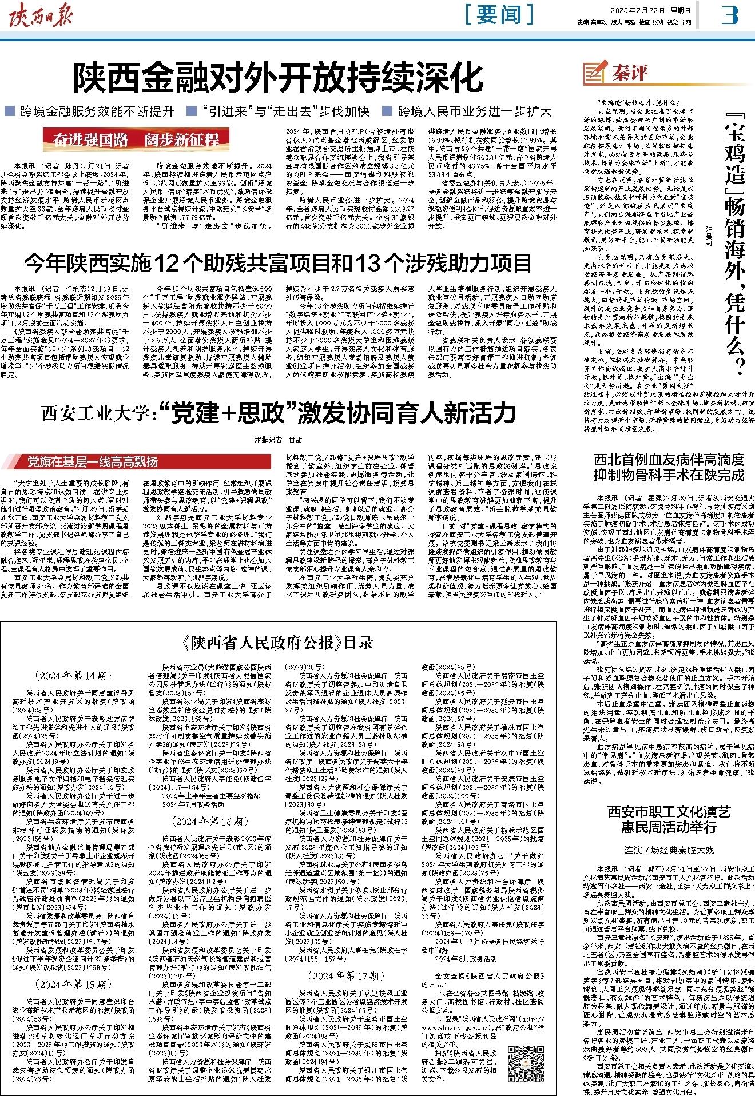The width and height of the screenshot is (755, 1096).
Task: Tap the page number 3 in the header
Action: pos(729,15)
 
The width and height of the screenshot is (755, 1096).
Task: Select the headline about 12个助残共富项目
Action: pos(277,264)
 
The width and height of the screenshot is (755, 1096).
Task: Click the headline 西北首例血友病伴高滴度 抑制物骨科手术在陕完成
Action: pos(667,467)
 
